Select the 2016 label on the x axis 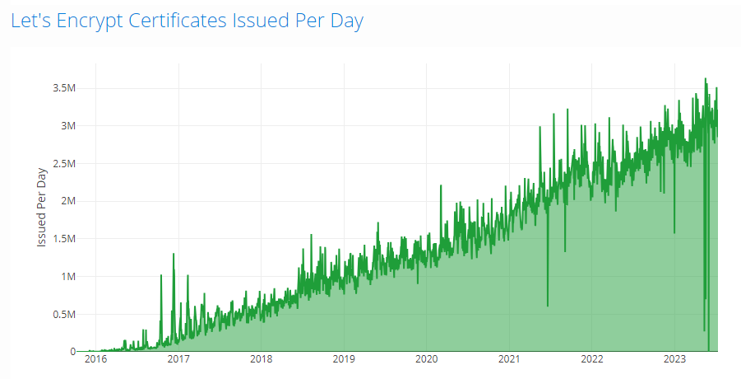(95, 359)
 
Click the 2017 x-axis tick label (178, 359)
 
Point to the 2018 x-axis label (261, 359)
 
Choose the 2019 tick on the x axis (344, 359)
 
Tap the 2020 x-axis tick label (426, 359)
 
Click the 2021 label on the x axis (509, 359)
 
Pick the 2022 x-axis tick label (591, 359)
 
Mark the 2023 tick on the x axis (674, 359)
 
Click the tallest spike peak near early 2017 (174, 254)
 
